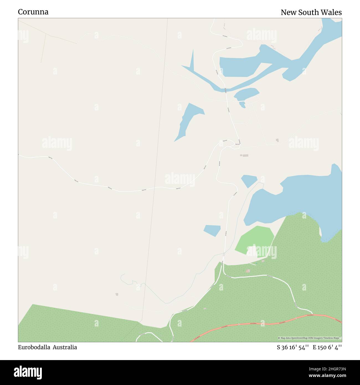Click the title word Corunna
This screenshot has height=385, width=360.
[33, 12]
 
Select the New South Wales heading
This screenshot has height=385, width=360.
[311, 12]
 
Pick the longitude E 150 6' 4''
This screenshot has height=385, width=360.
[327, 348]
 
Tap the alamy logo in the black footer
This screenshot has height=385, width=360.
[28, 372]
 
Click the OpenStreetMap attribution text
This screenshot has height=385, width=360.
[310, 338]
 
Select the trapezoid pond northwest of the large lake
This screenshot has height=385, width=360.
[249, 181]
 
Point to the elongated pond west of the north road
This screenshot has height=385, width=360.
[188, 119]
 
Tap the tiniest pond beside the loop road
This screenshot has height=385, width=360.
[242, 104]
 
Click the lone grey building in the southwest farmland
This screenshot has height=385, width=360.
[117, 294]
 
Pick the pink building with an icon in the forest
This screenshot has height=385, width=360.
[248, 271]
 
